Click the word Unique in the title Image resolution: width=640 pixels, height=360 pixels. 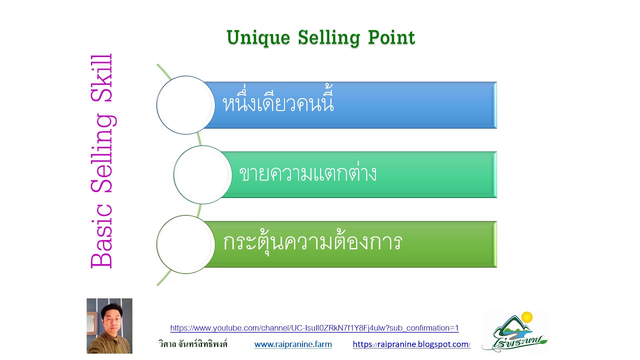point(258,37)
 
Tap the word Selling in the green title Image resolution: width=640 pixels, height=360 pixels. point(329,37)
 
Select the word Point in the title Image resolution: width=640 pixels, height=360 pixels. point(391,37)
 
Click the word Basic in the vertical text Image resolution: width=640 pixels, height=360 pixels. point(101,236)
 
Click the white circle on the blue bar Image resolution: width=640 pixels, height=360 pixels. point(185,105)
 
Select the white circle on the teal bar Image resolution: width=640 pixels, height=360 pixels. point(202,174)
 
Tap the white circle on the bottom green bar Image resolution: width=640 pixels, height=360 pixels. point(185,244)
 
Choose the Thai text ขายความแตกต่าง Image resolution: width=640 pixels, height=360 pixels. point(307,173)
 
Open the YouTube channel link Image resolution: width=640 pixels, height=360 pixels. point(314,328)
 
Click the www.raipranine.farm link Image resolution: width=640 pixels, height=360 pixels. point(293,344)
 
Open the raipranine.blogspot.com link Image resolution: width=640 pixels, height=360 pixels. point(411,344)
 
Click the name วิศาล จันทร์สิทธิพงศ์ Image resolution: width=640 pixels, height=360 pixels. point(193,343)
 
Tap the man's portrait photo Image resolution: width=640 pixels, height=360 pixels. point(109,326)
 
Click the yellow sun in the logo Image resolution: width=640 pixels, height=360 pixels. point(527,317)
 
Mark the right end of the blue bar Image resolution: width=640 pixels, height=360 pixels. point(496,105)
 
